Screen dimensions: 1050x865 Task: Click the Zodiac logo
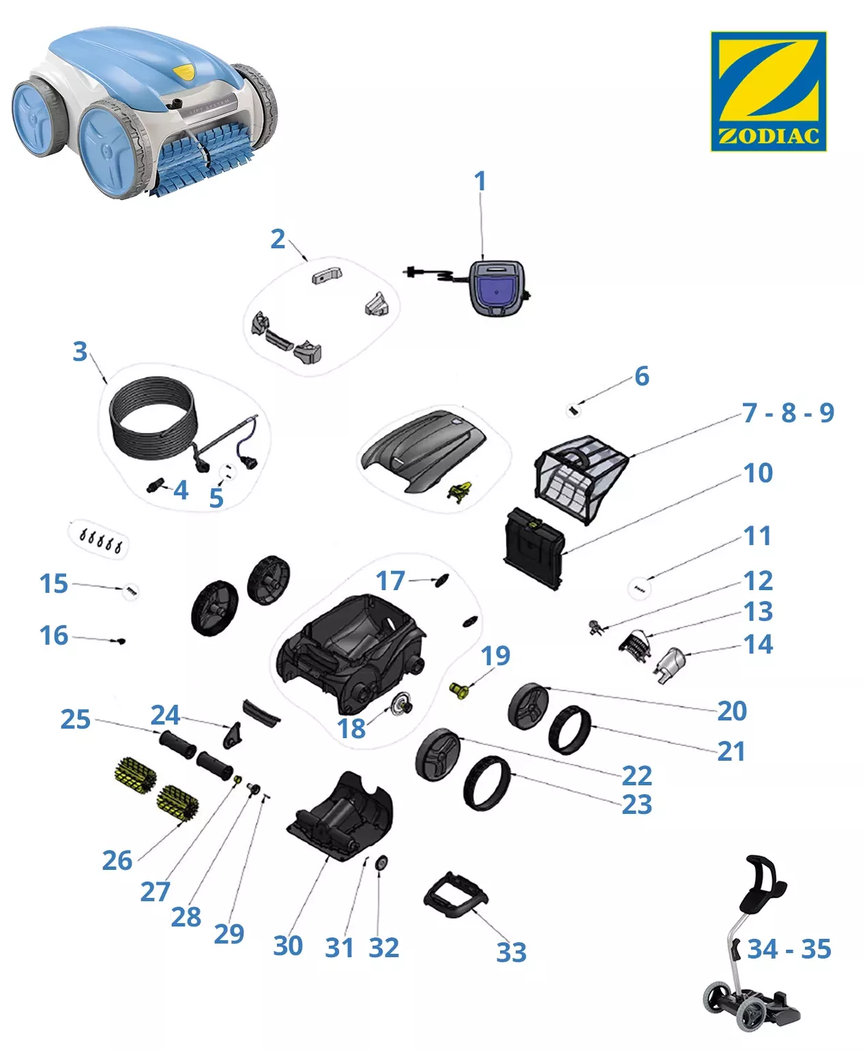pos(768,91)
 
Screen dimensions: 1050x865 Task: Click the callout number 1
pos(480,181)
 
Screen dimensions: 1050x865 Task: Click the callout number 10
pos(758,473)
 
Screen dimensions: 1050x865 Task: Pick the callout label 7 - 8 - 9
pos(788,413)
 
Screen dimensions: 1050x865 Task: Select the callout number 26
pos(117,860)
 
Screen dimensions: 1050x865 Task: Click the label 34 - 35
pos(789,949)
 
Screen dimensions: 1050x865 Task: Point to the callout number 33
pos(511,952)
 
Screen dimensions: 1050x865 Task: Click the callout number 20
pos(732,711)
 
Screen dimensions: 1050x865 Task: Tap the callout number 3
pos(80,351)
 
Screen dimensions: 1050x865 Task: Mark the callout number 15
pos(53,583)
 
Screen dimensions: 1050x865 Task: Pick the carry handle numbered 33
pos(456,893)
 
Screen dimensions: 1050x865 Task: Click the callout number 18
pos(351,729)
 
